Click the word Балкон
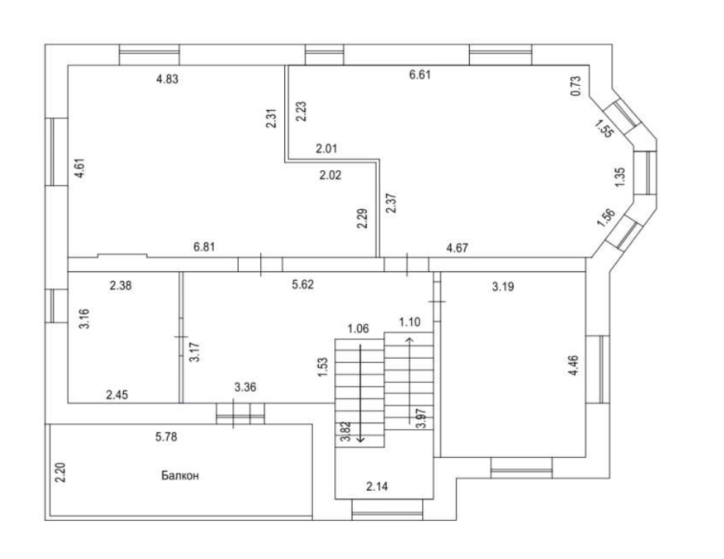180,475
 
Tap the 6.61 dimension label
419,73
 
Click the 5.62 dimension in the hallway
303,285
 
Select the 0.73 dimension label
576,87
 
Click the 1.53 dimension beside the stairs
322,368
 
